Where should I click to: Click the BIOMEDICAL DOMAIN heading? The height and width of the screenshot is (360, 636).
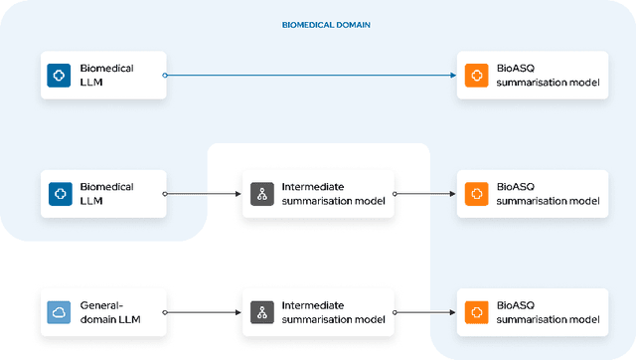click(327, 25)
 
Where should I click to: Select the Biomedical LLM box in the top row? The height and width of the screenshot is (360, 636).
click(103, 75)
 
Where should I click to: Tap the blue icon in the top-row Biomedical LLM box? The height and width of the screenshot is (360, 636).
click(60, 75)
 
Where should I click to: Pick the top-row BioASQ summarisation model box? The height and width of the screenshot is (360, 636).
click(532, 75)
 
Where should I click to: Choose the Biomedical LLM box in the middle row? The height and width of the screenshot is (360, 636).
click(103, 193)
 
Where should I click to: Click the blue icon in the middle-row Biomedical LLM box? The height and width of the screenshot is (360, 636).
click(60, 193)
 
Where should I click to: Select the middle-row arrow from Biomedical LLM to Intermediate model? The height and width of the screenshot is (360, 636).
click(203, 193)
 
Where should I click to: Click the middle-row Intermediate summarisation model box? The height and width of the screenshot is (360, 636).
click(318, 193)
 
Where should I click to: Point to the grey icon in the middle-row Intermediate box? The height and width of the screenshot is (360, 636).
click(262, 193)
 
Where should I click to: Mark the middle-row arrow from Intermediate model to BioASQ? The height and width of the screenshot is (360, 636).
click(424, 193)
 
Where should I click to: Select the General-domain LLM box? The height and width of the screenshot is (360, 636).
click(103, 311)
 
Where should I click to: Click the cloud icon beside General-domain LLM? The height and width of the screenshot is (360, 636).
click(60, 311)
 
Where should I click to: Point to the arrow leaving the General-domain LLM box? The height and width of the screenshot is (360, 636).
click(203, 311)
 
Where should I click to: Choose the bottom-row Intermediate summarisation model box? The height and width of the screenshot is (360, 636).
click(318, 311)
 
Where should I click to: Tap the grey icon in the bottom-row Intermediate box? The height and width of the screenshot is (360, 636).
click(262, 311)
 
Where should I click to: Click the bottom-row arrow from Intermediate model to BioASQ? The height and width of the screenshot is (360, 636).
click(424, 311)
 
